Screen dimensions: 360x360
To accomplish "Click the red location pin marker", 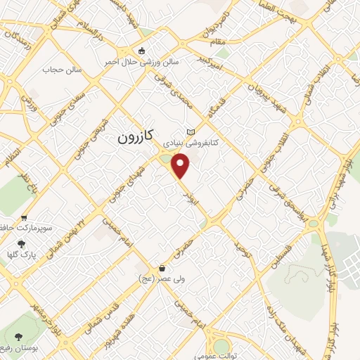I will (x=181, y=166).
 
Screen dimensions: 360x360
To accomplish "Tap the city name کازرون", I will (x=138, y=139).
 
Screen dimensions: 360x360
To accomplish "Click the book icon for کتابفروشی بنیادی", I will (x=190, y=133).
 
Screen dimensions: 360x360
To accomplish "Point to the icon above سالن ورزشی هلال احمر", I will (x=142, y=51).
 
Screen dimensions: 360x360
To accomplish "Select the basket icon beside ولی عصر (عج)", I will (x=163, y=269).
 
